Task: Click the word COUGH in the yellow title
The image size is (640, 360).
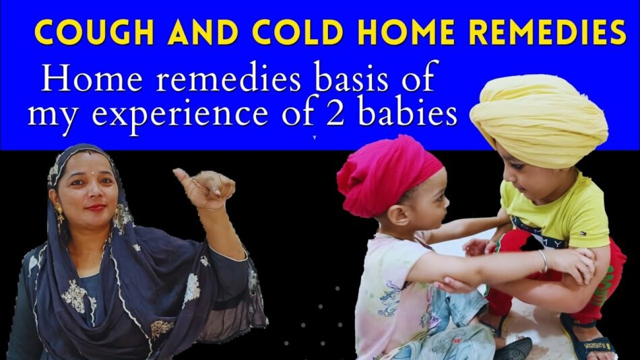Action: tap(94, 32)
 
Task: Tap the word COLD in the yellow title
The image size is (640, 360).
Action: tap(298, 32)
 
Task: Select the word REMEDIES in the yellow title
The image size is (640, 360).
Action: tap(548, 32)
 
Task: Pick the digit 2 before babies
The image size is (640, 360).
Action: tap(337, 114)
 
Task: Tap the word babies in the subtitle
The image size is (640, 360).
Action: tap(408, 113)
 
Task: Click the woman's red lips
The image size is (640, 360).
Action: tap(96, 208)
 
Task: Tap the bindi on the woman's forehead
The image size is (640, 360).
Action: tap(93, 173)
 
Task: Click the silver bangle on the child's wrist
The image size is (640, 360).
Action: tap(543, 262)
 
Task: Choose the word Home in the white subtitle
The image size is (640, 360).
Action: tap(92, 79)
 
